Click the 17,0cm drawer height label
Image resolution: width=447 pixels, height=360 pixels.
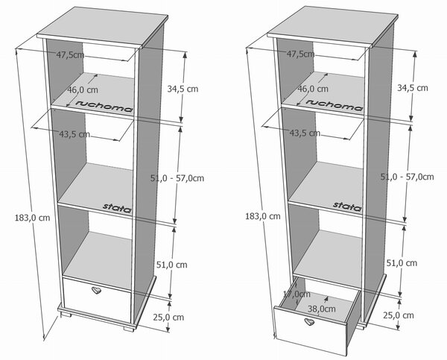(x=297, y=294)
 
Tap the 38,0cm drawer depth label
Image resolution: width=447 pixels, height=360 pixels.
(x=322, y=309)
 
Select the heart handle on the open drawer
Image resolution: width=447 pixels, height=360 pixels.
(x=309, y=322)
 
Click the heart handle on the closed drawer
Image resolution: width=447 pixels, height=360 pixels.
(x=96, y=290)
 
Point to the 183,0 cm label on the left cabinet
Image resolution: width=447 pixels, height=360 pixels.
(x=32, y=218)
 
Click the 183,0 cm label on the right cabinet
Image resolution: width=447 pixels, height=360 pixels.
(x=263, y=216)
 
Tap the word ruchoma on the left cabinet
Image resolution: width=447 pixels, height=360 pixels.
(x=104, y=106)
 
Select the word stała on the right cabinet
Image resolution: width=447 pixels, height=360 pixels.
(x=347, y=206)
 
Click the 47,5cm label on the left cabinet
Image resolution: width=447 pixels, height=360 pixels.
(x=70, y=54)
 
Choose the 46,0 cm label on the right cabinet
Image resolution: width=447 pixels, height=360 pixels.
(x=313, y=89)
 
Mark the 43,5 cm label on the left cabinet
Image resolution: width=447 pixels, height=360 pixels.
(x=74, y=134)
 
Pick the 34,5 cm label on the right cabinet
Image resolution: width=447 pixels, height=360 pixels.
(x=413, y=88)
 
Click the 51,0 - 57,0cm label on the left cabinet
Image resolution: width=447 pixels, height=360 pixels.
(x=177, y=178)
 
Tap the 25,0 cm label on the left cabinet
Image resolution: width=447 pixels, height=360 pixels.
(x=168, y=318)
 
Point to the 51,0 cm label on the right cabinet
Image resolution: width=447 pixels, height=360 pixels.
(x=402, y=263)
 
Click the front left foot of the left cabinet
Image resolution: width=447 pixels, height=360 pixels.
(x=66, y=315)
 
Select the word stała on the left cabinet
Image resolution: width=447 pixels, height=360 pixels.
(x=117, y=208)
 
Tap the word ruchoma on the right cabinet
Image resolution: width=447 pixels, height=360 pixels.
(x=335, y=104)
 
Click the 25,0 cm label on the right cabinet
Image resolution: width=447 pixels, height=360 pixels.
(x=399, y=315)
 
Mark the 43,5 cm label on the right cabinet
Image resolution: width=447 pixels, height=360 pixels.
(x=305, y=133)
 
